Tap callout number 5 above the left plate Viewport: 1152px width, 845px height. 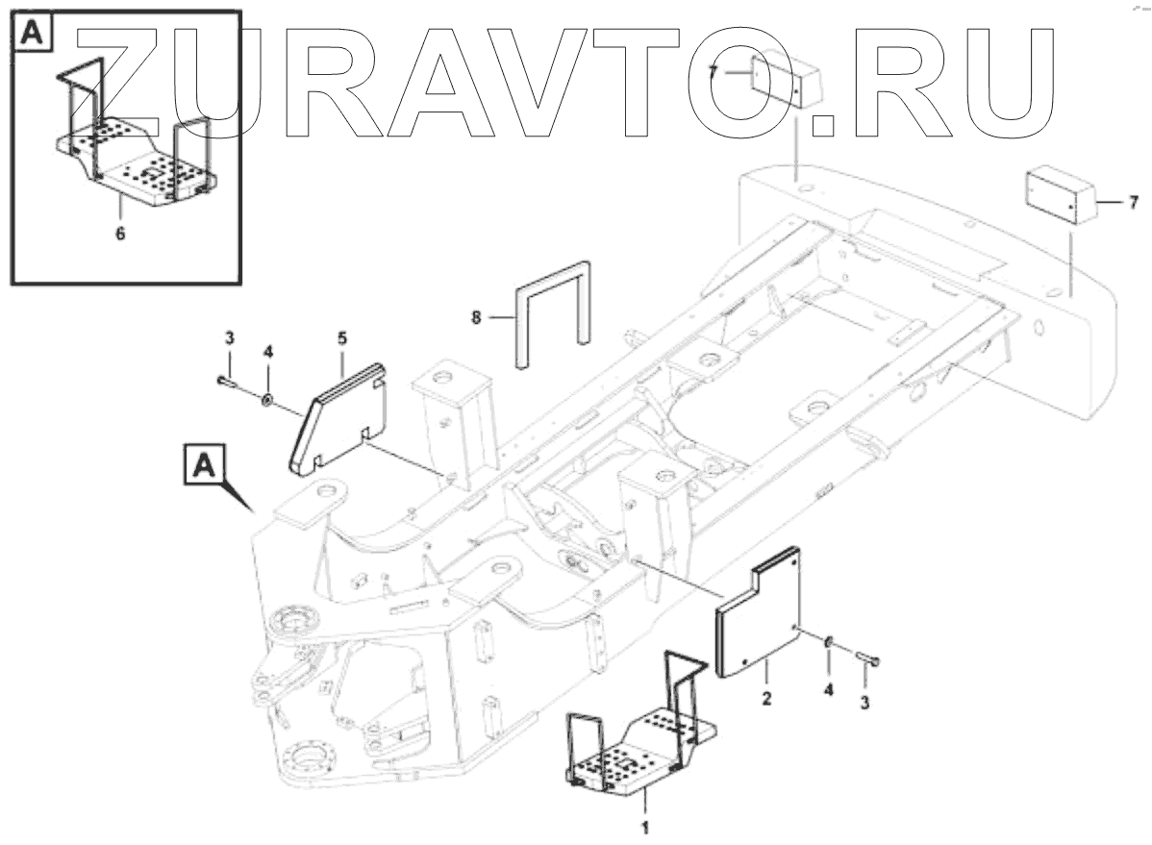tap(342, 337)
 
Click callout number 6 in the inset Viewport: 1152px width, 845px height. tap(120, 233)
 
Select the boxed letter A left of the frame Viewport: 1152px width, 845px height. tap(203, 466)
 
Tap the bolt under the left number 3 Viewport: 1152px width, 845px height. tap(226, 382)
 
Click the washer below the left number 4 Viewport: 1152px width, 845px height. tap(267, 397)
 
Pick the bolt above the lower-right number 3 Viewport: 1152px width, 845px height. tap(869, 659)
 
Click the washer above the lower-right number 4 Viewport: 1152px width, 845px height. tap(829, 640)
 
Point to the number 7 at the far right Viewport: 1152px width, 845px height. tap(1133, 202)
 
